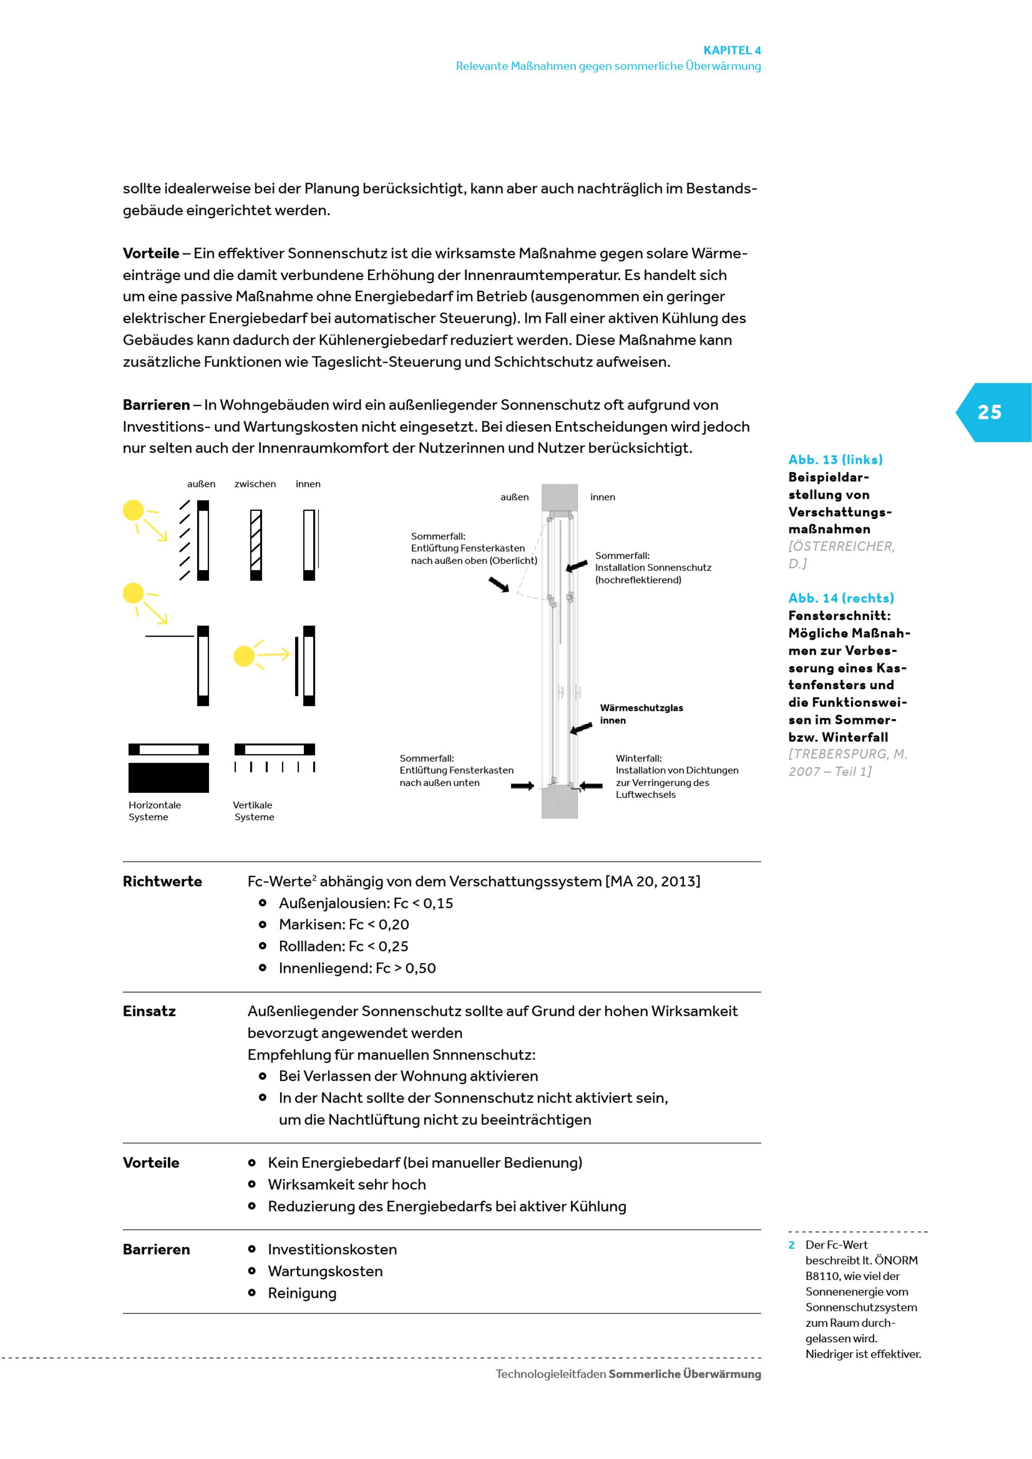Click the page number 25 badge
pos(989,412)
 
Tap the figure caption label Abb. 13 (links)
pos(835,460)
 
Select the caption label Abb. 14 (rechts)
pos(841,598)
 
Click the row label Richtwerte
pos(162,881)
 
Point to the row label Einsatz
pos(149,1011)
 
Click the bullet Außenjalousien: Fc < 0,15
pos(365,903)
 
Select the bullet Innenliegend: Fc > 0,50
pos(357,968)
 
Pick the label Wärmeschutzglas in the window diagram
pos(641,708)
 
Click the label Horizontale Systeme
pos(154,811)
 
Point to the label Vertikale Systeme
pos(253,811)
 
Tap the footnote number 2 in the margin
pos(792,1245)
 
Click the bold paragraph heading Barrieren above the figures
pos(156,405)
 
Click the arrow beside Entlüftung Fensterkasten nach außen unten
pos(522,786)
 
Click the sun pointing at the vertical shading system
pos(244,656)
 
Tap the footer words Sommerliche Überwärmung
pos(684,1374)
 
